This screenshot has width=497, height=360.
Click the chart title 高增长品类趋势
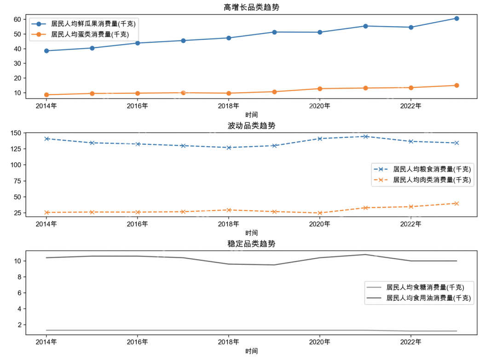(x=251, y=7)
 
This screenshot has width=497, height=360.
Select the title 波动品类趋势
(x=251, y=126)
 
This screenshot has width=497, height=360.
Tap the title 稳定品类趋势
(x=251, y=244)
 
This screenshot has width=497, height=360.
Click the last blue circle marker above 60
(x=457, y=18)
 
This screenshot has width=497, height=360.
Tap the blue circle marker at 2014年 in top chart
(x=46, y=51)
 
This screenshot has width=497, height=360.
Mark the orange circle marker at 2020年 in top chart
(x=320, y=89)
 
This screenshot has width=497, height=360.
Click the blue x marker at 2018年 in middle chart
(x=229, y=148)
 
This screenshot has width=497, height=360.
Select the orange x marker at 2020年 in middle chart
(x=320, y=213)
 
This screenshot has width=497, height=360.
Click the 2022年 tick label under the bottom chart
(x=411, y=342)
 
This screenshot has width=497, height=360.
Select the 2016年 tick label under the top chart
(x=138, y=106)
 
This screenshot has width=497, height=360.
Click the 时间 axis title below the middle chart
(x=251, y=233)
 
